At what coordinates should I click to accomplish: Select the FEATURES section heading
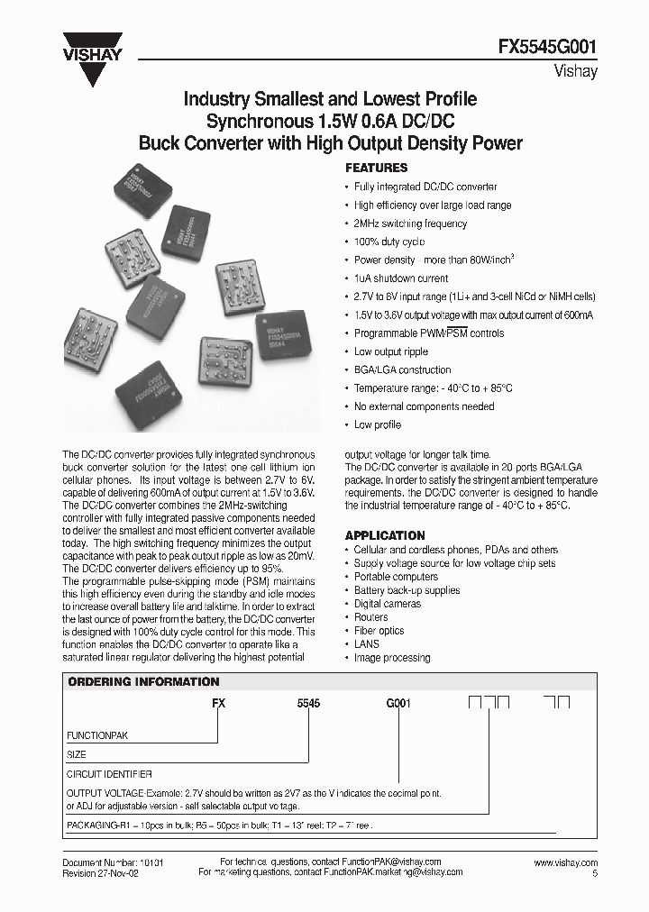tap(377, 168)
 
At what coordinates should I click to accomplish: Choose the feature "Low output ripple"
tap(390, 351)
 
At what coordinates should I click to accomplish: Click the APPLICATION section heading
tap(385, 535)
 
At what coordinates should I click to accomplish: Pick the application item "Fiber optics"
tap(379, 631)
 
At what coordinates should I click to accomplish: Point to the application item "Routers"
tap(370, 617)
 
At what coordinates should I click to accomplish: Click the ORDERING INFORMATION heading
tap(144, 681)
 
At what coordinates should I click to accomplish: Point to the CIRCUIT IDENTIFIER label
tap(109, 773)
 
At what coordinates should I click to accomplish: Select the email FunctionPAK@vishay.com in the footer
tap(394, 862)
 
